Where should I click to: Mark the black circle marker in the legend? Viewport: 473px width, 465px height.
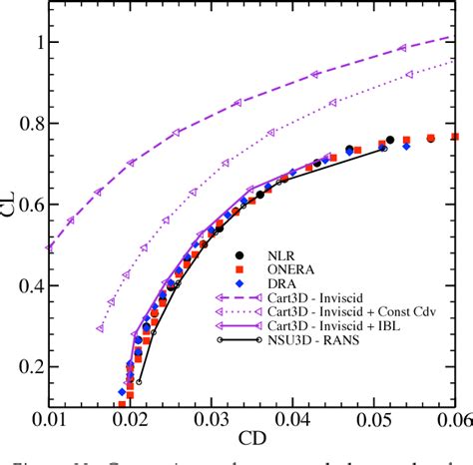coord(243,253)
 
